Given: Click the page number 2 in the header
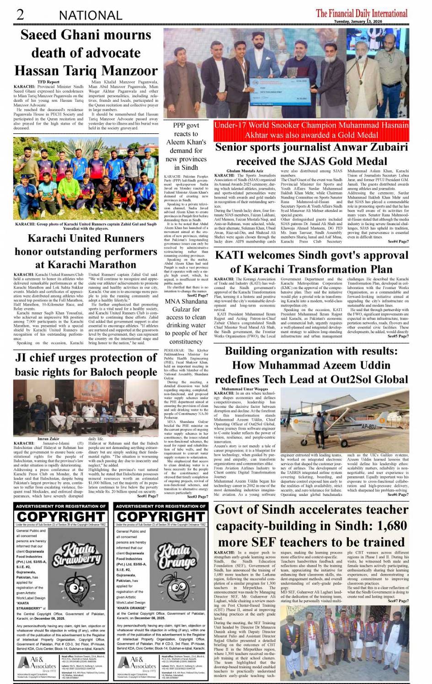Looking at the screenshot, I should tap(20, 15).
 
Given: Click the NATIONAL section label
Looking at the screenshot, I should tap(91, 16).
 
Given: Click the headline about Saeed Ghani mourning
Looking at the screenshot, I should tap(86, 53).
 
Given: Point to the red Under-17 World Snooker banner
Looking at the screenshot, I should tap(311, 130).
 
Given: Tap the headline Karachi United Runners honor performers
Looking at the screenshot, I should tap(86, 251).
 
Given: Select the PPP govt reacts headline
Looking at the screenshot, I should tap(186, 146).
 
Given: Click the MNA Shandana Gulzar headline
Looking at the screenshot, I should tap(186, 321).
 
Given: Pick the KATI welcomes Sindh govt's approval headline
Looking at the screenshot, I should tap(311, 262).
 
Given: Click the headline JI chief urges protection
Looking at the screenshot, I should tap(86, 364).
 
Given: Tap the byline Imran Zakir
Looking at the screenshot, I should tap(48, 438).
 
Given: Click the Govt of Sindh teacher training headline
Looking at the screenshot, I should tap(311, 526).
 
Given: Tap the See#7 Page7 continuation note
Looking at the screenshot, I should tap(398, 601).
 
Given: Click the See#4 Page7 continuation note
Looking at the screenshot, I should tap(398, 241).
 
